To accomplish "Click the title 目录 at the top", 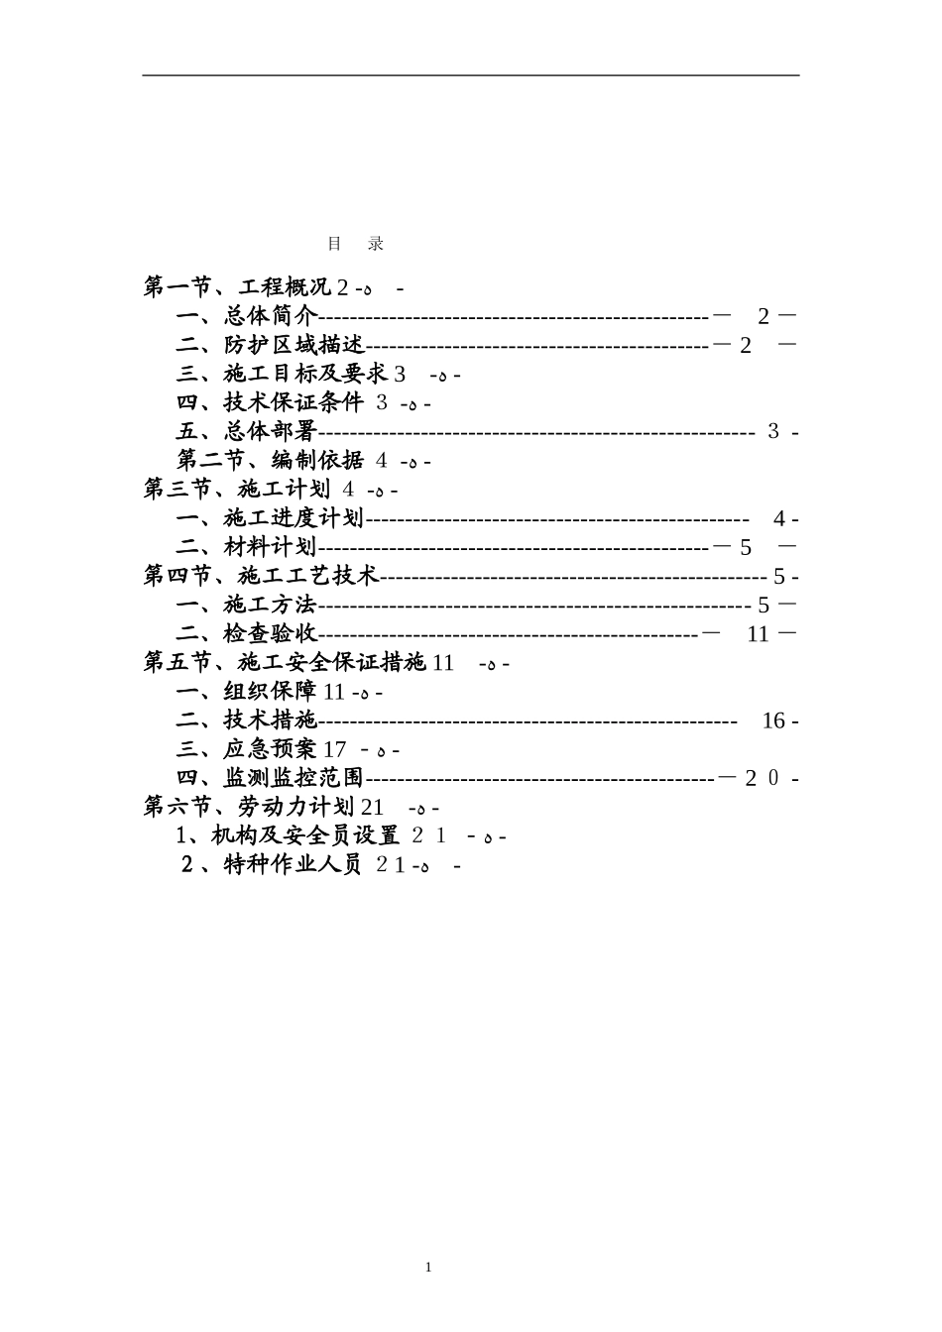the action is coord(355,244).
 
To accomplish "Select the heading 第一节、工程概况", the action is coord(238,288).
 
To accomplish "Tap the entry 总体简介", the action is coord(270,317).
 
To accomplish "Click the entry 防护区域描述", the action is coord(294,346).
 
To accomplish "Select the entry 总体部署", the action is coord(270,432).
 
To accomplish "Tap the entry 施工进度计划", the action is coord(294,518).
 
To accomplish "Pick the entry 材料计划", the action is coord(270,547).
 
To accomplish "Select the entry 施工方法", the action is coord(270,605).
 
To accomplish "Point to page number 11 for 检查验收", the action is coord(758,634).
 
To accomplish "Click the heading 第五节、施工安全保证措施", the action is coord(286,662).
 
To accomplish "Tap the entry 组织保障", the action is coord(270,692).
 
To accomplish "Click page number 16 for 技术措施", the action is coord(773,721).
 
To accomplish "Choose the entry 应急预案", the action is coord(270,749).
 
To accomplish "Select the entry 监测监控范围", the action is coord(294,778).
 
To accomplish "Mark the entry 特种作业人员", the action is coord(294,864).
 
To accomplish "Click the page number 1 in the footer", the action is coord(428,1268).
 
